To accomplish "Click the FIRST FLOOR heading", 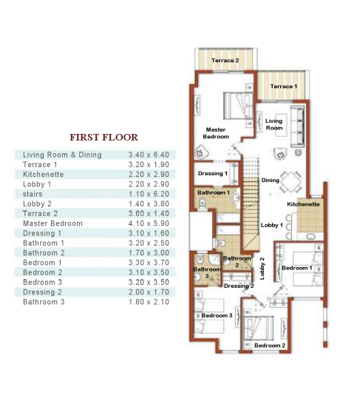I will point(103,137).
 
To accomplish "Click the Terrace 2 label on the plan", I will point(225,60).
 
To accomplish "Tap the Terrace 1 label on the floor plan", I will point(283,87).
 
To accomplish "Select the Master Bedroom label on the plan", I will point(217,133).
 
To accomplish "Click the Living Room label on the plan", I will point(274,124).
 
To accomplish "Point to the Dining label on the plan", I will point(271,180).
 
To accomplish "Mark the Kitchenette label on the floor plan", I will point(303,203).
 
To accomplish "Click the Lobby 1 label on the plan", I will point(272,225).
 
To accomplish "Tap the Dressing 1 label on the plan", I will point(213,174).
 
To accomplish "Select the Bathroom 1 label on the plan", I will point(213,192).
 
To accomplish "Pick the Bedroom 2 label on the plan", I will point(269,345).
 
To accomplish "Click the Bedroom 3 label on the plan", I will point(217,316).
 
